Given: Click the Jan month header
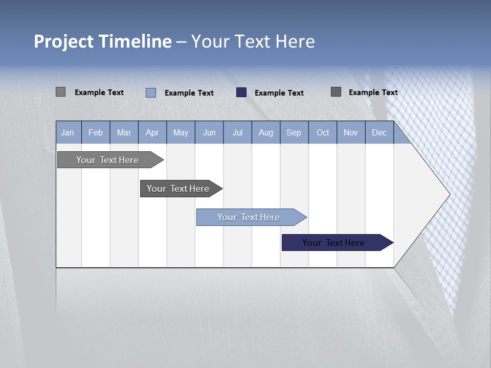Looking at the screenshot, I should (x=68, y=133).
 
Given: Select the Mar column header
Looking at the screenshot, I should (x=124, y=133).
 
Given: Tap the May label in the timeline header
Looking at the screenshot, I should (x=181, y=133).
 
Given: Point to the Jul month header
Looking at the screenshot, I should (x=237, y=133).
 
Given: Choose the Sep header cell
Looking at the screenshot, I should (x=294, y=133).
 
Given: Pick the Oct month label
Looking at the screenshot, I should (x=323, y=133).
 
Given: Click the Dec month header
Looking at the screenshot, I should (x=379, y=133).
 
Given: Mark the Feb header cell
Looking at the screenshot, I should (x=96, y=133).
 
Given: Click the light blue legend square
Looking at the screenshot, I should (x=151, y=93).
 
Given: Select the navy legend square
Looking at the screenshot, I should (x=241, y=93).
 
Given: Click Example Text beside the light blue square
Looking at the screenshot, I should (x=189, y=93).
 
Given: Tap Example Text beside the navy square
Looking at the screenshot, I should (x=279, y=93).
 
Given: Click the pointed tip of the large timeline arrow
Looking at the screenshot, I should (x=449, y=194).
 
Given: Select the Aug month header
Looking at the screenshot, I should (x=266, y=133).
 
